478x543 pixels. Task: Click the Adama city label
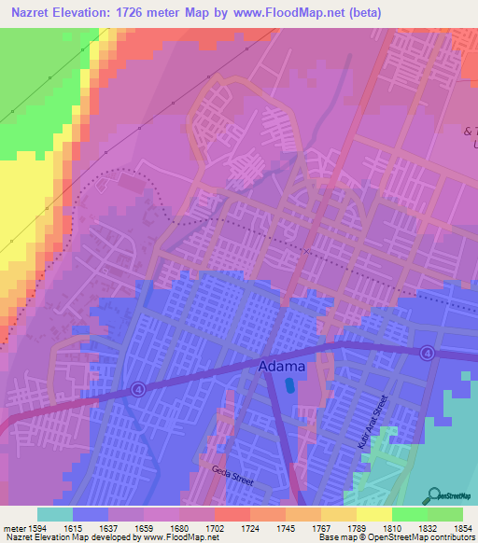[x=281, y=368]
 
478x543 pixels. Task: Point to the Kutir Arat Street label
[x=381, y=420]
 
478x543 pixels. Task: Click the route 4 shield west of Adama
[x=139, y=390]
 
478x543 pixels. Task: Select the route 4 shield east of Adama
[x=427, y=353]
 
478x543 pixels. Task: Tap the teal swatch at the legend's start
[x=55, y=513]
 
